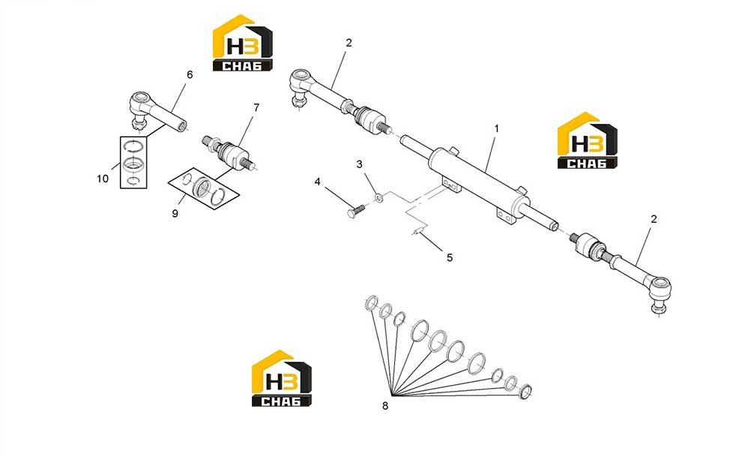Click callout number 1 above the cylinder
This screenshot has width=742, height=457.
(496, 128)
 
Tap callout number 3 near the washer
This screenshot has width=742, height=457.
(359, 164)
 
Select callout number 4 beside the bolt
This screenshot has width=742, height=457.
(318, 182)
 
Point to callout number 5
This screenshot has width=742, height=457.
(450, 257)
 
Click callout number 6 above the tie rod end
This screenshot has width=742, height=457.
(190, 75)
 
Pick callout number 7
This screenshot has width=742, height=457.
(256, 108)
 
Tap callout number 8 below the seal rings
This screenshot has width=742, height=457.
(385, 406)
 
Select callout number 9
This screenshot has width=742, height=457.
(175, 214)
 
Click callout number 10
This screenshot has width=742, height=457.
(103, 179)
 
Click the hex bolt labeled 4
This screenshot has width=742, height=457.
(356, 211)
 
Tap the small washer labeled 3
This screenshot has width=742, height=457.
(378, 197)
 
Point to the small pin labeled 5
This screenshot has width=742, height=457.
(417, 232)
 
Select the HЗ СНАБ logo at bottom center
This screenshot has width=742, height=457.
(282, 378)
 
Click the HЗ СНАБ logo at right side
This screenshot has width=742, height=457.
(588, 140)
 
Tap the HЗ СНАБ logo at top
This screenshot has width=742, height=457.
(243, 43)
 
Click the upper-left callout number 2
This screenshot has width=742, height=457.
(349, 43)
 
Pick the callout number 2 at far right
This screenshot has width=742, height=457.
(654, 219)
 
